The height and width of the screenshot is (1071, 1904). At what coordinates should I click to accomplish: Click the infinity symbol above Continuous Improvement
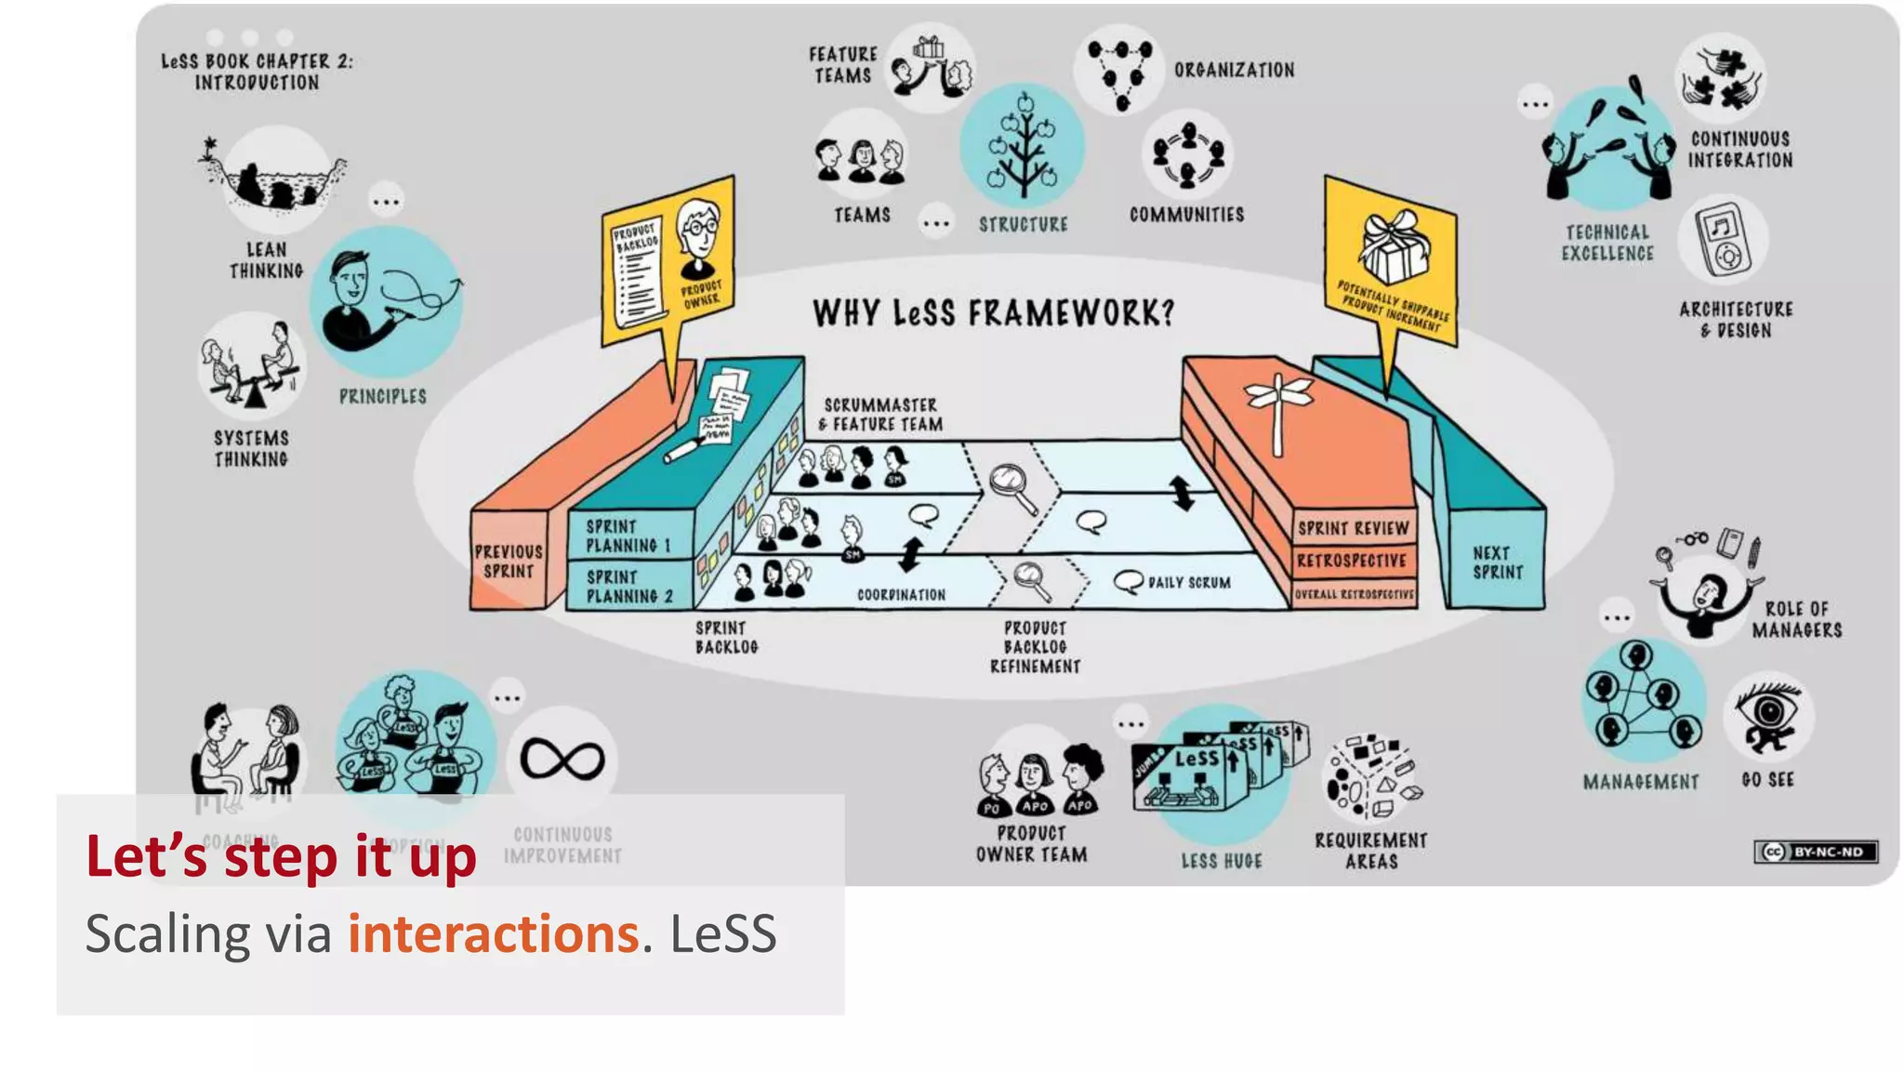click(x=562, y=760)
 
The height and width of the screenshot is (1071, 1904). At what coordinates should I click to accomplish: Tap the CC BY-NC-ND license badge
click(x=1816, y=852)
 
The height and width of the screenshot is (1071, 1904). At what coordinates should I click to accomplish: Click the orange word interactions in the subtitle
click(x=493, y=933)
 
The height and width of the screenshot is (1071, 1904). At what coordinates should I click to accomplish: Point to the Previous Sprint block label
click(x=509, y=562)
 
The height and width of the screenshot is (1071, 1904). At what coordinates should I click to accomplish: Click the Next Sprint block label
click(x=1497, y=562)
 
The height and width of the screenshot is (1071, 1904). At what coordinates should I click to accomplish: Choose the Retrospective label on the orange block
click(x=1351, y=561)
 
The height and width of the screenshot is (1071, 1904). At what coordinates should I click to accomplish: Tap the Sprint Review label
click(x=1353, y=528)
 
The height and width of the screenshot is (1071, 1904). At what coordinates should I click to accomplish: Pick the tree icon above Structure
click(x=1023, y=147)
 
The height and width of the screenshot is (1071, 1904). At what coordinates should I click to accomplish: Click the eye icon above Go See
click(x=1768, y=716)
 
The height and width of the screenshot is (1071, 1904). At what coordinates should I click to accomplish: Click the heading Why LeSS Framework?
click(x=993, y=313)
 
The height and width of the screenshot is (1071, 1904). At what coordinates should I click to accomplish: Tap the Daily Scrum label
click(x=1188, y=583)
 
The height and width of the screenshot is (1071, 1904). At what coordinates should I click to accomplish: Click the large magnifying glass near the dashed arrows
click(x=1012, y=485)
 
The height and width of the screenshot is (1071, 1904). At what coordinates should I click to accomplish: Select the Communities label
click(x=1186, y=215)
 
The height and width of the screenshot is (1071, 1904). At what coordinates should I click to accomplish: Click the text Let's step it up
click(x=281, y=856)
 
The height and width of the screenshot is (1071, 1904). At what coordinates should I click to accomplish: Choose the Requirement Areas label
click(x=1370, y=851)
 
